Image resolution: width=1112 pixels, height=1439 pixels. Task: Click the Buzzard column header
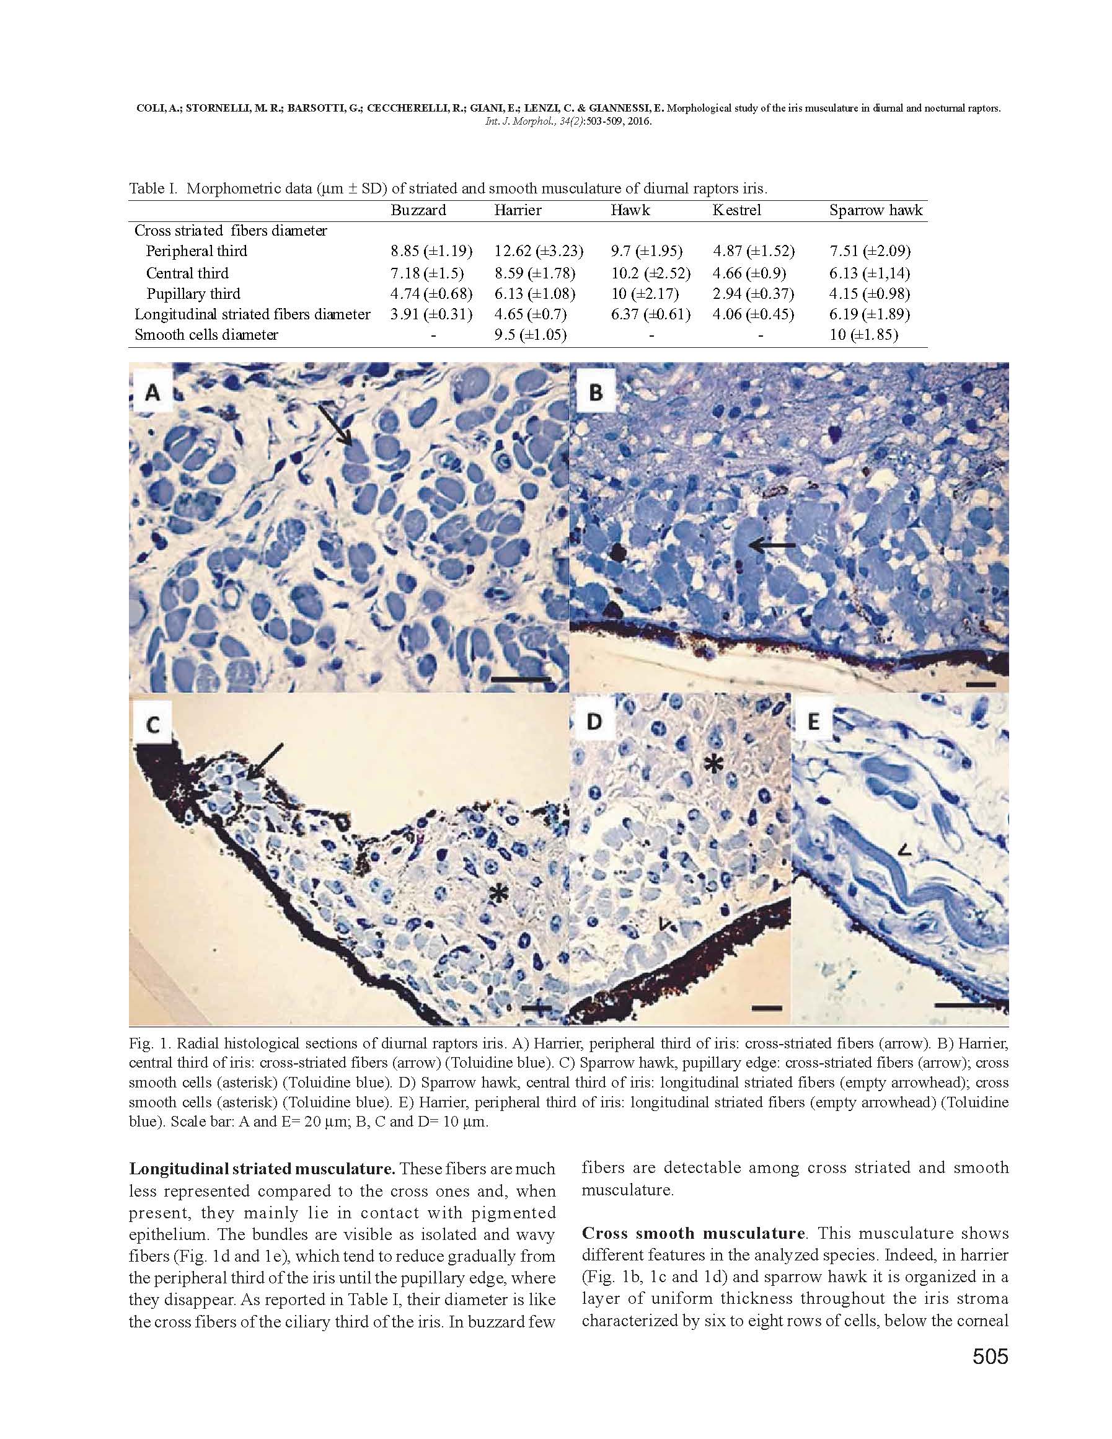pyautogui.click(x=418, y=210)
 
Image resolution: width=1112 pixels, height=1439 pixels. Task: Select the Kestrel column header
pyautogui.click(x=736, y=210)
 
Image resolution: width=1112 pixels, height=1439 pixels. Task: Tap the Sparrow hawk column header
pyautogui.click(x=875, y=210)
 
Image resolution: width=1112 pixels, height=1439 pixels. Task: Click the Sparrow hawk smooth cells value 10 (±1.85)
pyautogui.click(x=863, y=335)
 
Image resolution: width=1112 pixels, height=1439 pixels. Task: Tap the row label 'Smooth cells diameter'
pyautogui.click(x=206, y=335)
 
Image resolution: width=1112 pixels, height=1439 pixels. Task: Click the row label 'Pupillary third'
pyautogui.click(x=193, y=294)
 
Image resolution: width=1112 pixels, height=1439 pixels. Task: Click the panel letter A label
pyautogui.click(x=152, y=392)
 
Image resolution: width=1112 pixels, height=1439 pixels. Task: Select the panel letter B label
pyautogui.click(x=596, y=392)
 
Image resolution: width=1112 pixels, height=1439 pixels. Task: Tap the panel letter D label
pyautogui.click(x=594, y=722)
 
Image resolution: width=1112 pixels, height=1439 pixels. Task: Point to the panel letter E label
pyautogui.click(x=813, y=722)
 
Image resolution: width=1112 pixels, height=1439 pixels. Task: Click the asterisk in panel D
pyautogui.click(x=712, y=764)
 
